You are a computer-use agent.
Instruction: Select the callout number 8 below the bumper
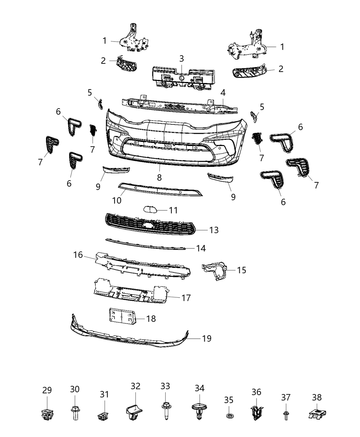159,177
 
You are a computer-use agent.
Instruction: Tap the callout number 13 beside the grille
214,230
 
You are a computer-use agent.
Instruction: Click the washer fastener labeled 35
229,416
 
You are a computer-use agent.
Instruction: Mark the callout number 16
78,255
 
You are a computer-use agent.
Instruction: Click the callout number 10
117,200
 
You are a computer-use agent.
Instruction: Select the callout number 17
186,298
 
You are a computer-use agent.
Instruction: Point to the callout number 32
135,386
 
